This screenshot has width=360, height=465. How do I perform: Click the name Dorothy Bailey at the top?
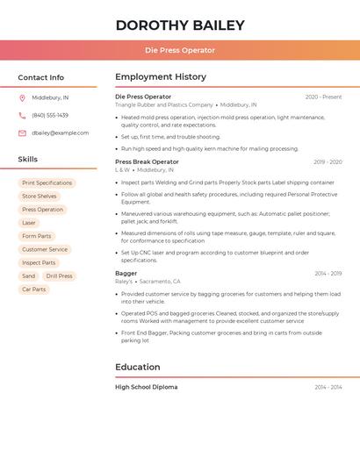pyautogui.click(x=179, y=25)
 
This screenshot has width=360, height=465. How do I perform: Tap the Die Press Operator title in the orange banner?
pyautogui.click(x=179, y=50)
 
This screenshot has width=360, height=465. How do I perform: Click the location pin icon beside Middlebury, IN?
pyautogui.click(x=22, y=97)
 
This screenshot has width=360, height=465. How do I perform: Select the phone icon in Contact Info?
pyautogui.click(x=22, y=115)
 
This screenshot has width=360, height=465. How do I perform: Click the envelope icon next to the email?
pyautogui.click(x=22, y=133)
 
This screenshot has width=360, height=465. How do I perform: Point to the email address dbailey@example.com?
pyautogui.click(x=60, y=133)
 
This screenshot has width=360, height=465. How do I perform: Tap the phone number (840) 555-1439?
pyautogui.click(x=50, y=115)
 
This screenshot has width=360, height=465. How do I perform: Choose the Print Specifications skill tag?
pyautogui.click(x=47, y=183)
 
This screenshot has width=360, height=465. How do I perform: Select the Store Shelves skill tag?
pyautogui.click(x=40, y=197)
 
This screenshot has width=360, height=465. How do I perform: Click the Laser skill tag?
pyautogui.click(x=29, y=223)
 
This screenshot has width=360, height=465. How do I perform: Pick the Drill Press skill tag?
pyautogui.click(x=60, y=275)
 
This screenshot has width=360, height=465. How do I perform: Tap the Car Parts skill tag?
pyautogui.click(x=33, y=289)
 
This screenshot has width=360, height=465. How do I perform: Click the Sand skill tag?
pyautogui.click(x=29, y=275)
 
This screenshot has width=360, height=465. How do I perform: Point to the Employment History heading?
pyautogui.click(x=161, y=77)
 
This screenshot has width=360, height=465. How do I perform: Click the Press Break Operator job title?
pyautogui.click(x=147, y=161)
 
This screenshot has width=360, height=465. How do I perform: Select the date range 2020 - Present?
pyautogui.click(x=323, y=97)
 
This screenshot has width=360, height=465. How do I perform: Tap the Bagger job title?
pyautogui.click(x=126, y=273)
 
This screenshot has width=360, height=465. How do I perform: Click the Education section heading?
pyautogui.click(x=137, y=367)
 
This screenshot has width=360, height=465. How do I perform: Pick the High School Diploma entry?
pyautogui.click(x=146, y=387)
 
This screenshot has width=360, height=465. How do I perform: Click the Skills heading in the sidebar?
pyautogui.click(x=28, y=160)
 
